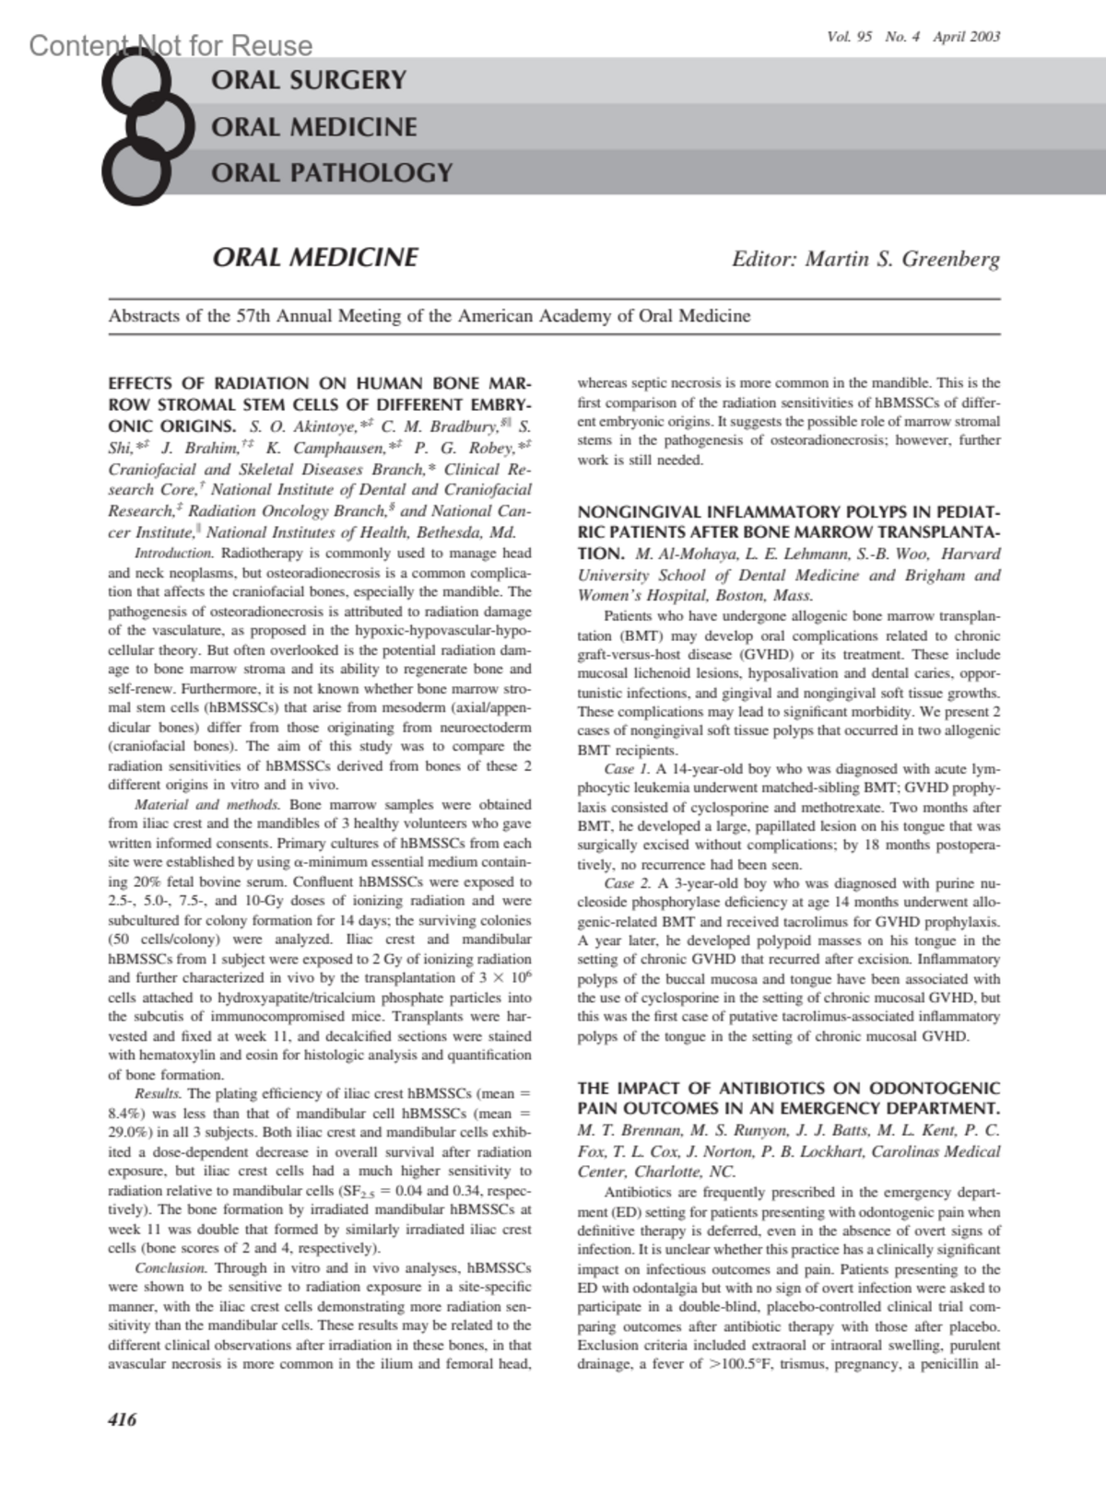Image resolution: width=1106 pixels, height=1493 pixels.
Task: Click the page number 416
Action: tap(122, 1419)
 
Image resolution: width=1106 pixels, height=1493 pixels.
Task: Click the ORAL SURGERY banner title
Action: tap(309, 80)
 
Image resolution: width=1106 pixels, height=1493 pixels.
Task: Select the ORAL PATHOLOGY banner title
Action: tap(332, 172)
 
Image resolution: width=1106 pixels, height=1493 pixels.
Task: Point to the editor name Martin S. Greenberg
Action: tap(902, 259)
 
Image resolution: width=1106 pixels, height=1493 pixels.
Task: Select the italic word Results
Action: tap(158, 1094)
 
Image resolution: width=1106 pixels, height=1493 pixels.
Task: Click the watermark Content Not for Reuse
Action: tap(171, 45)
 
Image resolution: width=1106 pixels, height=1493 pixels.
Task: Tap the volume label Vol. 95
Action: tap(850, 38)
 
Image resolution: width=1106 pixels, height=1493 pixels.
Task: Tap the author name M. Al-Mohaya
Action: tap(680, 554)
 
